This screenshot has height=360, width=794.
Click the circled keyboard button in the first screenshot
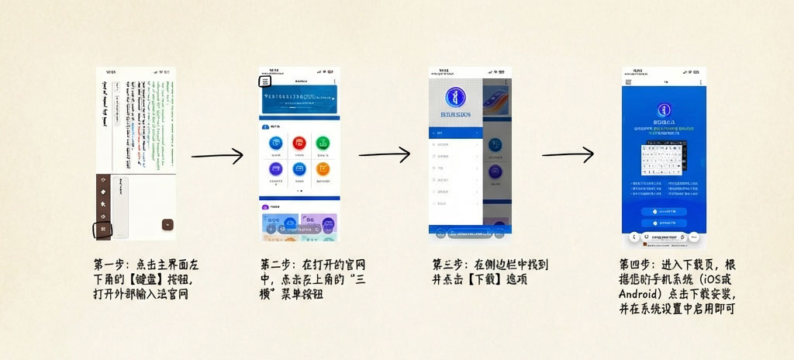point(103,229)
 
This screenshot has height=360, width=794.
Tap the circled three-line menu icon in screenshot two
point(265,81)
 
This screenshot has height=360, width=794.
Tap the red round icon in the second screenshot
point(299,143)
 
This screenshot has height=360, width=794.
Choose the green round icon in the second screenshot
point(323,143)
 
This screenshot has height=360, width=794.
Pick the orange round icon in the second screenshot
point(323,168)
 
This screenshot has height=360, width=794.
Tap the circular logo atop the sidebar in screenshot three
point(455,99)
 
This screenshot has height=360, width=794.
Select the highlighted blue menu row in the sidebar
point(455,133)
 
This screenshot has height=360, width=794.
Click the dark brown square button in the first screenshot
point(167,224)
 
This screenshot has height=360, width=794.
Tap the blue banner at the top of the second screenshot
point(299,99)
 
